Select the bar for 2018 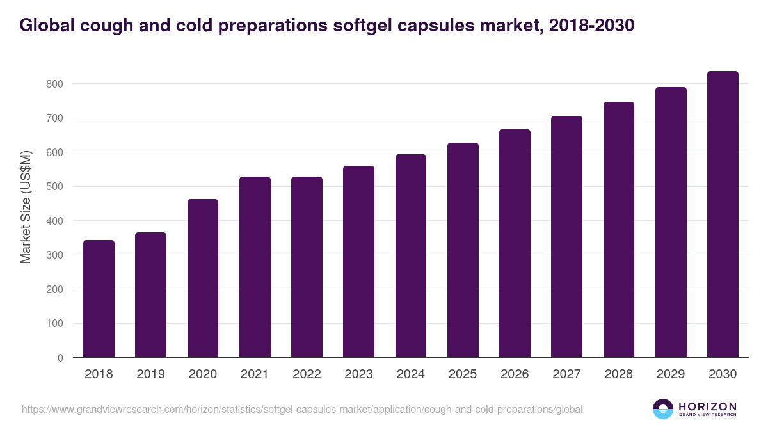(99, 299)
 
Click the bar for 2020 (203, 278)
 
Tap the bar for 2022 (307, 267)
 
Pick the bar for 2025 (463, 250)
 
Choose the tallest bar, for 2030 (723, 214)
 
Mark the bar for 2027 (566, 237)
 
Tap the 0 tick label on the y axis (60, 358)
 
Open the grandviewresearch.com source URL (302, 409)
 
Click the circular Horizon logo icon (663, 409)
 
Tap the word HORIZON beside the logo (707, 406)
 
